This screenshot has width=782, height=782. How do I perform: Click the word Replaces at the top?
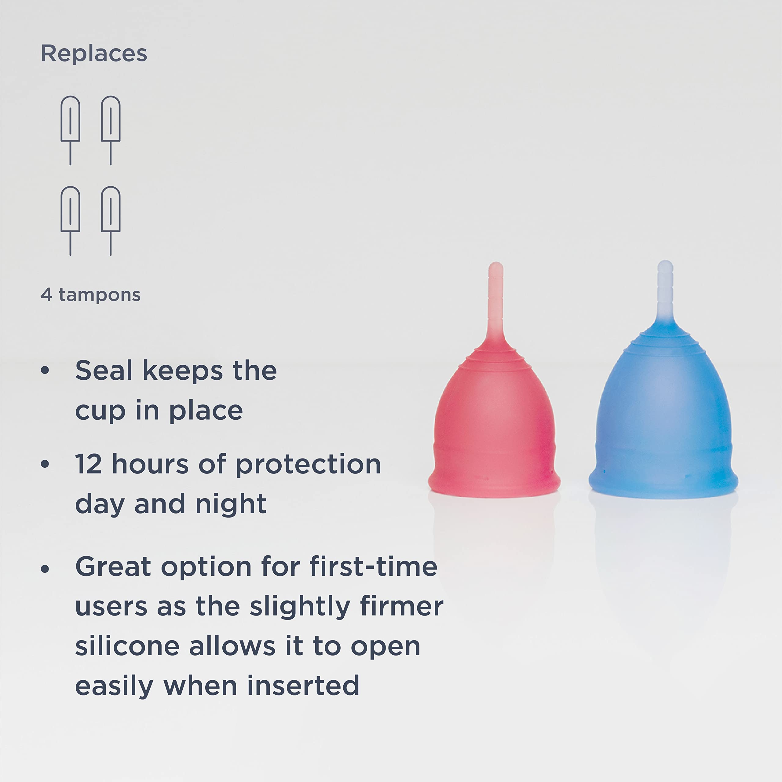coord(94,53)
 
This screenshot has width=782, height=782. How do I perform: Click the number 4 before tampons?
coord(46,295)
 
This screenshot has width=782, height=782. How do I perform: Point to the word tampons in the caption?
coord(100,295)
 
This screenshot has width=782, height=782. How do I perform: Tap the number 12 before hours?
coord(88,464)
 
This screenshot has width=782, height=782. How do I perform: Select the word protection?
coord(308,465)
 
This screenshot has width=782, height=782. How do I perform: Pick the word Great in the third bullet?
coord(113,567)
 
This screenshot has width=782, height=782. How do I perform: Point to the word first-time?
coord(374,567)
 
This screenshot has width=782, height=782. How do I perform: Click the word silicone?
coord(127,646)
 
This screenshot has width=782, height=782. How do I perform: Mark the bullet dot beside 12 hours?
coord(45,464)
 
